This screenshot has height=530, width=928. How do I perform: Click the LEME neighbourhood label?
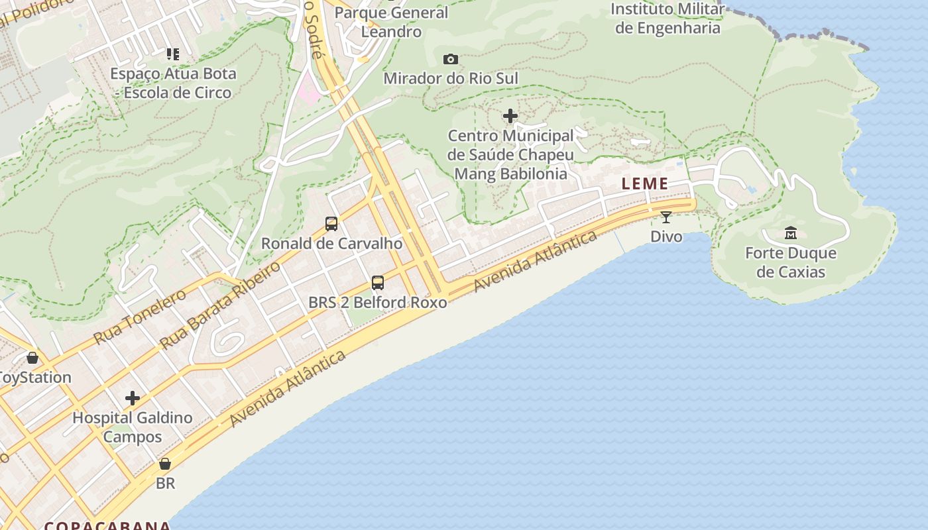pos(645,184)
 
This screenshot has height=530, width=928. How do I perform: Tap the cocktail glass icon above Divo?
pos(666,217)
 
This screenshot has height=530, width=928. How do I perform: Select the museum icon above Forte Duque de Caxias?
pos(791,233)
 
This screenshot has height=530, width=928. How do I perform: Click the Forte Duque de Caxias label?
pos(791,262)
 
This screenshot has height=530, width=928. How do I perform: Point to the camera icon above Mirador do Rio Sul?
pos(451,60)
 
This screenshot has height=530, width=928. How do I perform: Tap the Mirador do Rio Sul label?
pos(451,78)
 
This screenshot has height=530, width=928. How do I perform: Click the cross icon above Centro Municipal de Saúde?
pos(510,117)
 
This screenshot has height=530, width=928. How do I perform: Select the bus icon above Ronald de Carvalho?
pos(331,224)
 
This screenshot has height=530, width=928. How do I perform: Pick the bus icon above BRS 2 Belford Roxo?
pos(378,283)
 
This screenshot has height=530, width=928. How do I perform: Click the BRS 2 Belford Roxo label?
pos(378,302)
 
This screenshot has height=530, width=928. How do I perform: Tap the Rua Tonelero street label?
pos(140,317)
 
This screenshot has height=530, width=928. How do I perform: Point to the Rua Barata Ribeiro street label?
pos(221,305)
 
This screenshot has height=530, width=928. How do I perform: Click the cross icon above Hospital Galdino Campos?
pos(133,398)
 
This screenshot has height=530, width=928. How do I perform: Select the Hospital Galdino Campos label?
pos(133,427)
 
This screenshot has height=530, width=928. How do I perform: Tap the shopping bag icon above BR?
pos(165,464)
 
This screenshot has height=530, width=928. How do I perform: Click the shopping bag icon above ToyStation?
pos(32,358)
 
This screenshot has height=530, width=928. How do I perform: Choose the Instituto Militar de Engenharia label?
pos(667,19)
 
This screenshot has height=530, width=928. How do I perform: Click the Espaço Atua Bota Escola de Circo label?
pos(173,83)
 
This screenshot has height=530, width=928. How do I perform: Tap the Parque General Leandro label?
pos(392,21)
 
